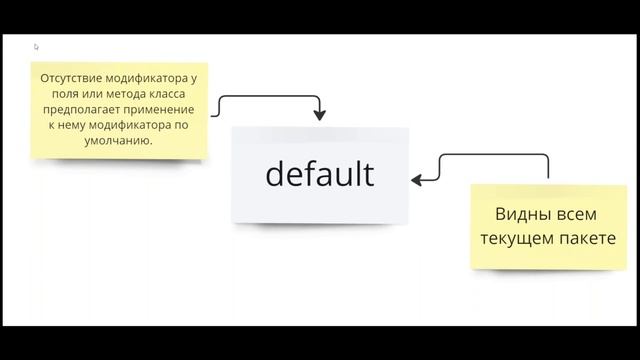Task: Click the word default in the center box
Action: [320, 174]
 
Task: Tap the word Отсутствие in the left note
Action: [71, 77]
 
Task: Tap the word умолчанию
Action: [119, 141]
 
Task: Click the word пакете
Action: [586, 239]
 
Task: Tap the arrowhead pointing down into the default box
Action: [319, 115]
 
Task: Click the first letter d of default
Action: [275, 174]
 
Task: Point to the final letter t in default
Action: [367, 174]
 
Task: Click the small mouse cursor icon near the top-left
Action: [37, 46]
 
